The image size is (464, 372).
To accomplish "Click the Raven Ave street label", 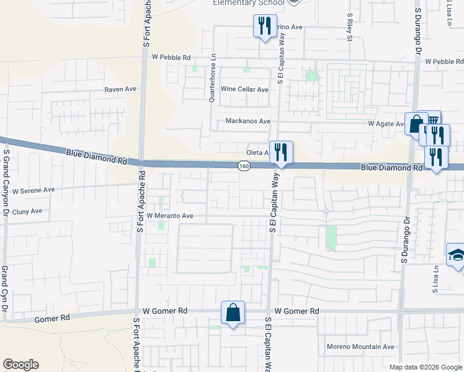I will click(120, 89).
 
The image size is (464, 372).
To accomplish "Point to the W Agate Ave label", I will click(386, 123).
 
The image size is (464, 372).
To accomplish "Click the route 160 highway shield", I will click(244, 166).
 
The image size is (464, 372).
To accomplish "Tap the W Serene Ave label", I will click(33, 190).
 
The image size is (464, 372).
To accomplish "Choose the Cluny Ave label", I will click(27, 211).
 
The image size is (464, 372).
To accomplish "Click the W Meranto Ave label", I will click(171, 216).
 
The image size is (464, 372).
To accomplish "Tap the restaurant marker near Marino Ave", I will click(265, 26).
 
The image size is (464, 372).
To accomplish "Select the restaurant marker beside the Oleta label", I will click(281, 152).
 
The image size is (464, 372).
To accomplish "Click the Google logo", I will click(20, 365).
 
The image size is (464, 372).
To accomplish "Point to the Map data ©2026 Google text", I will click(426, 367).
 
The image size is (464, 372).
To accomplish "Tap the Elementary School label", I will click(249, 3).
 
